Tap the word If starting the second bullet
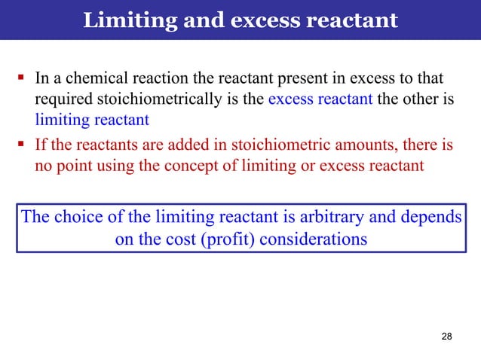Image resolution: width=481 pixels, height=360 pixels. coord(41,144)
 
